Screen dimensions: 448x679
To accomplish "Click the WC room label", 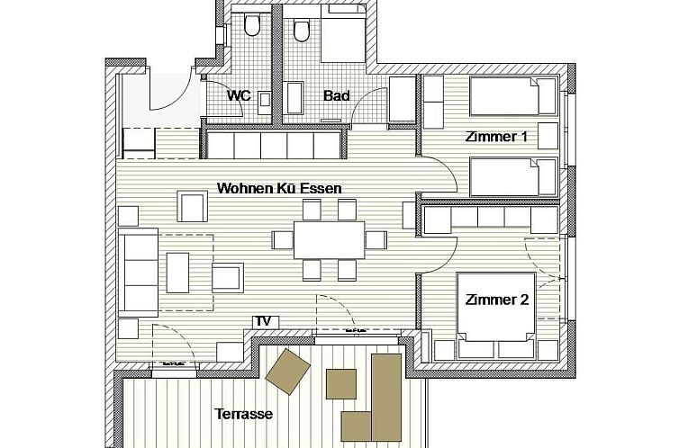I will pyautogui.click(x=238, y=94).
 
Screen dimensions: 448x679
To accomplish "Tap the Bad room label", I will pyautogui.click(x=336, y=94).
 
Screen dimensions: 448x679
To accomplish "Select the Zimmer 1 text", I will pyautogui.click(x=495, y=138).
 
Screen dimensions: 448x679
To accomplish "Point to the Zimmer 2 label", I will pyautogui.click(x=496, y=300).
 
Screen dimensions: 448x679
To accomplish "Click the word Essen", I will pyautogui.click(x=322, y=188).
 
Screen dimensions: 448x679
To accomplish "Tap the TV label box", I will pyautogui.click(x=264, y=321).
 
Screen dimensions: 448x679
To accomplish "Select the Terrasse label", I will pyautogui.click(x=243, y=415).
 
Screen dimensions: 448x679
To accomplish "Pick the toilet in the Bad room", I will pyautogui.click(x=301, y=30).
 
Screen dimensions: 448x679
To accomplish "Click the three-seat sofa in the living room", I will pyautogui.click(x=140, y=271).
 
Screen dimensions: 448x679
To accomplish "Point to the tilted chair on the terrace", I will pyautogui.click(x=289, y=371).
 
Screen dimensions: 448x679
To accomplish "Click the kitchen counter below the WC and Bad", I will pyautogui.click(x=274, y=144).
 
